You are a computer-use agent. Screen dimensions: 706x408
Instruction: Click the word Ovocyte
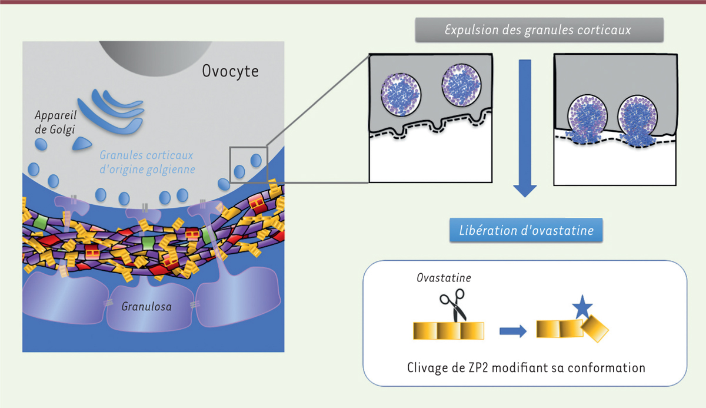click(x=230, y=72)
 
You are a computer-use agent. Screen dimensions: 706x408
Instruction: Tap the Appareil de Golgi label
click(x=55, y=122)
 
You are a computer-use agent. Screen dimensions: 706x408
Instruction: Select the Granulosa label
click(x=146, y=307)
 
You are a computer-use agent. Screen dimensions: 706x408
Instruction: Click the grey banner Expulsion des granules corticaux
click(x=540, y=30)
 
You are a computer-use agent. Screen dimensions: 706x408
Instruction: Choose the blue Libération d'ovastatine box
click(x=526, y=230)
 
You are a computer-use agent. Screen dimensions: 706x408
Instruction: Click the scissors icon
click(x=453, y=305)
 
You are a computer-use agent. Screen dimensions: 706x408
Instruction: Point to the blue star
click(x=582, y=307)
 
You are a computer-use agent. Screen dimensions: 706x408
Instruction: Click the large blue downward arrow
click(x=525, y=128)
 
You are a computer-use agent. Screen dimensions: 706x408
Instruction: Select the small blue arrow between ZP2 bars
click(x=513, y=331)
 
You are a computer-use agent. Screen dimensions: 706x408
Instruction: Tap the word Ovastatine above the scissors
click(x=444, y=278)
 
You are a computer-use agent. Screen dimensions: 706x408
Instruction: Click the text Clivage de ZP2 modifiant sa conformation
click(x=526, y=368)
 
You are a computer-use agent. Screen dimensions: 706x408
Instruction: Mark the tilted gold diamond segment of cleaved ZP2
click(x=595, y=329)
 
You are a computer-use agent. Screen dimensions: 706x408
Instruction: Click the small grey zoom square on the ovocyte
click(x=249, y=165)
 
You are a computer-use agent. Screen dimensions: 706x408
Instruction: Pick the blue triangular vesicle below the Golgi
click(x=82, y=144)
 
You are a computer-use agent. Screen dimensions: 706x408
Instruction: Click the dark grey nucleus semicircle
click(x=155, y=58)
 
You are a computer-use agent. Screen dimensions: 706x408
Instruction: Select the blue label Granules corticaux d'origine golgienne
click(x=147, y=162)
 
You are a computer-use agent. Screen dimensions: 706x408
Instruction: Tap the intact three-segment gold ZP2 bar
click(x=448, y=331)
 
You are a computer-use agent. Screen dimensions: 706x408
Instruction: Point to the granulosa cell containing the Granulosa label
click(x=149, y=305)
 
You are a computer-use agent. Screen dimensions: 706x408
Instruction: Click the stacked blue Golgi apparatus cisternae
click(x=111, y=112)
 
